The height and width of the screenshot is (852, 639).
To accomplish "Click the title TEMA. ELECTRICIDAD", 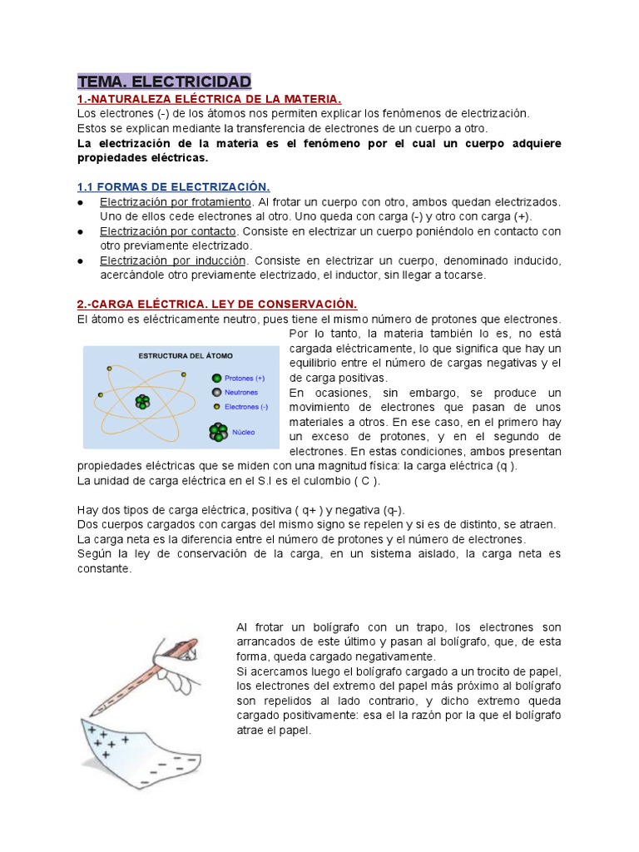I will point(164,82).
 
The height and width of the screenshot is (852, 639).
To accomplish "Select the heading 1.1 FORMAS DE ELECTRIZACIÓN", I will point(173,186).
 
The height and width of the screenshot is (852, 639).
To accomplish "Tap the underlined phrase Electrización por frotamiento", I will point(175,202).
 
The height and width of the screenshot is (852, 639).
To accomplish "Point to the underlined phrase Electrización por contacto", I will point(168,231).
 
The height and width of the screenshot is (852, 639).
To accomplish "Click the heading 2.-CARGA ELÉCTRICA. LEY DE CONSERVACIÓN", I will point(217,305).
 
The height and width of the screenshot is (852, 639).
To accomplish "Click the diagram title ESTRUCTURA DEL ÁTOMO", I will point(181,356).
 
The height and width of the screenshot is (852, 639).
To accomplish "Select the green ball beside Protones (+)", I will point(216,377).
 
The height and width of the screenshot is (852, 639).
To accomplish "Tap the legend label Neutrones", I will point(241,392).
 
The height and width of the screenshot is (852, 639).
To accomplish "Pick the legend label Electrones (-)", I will point(247,407).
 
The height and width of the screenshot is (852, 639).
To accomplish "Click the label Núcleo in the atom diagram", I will point(245,432).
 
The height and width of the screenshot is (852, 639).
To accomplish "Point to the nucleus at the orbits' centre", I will point(144,402).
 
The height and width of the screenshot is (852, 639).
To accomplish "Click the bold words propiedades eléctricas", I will point(142,157).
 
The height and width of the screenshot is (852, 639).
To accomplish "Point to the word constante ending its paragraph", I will point(104,568).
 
